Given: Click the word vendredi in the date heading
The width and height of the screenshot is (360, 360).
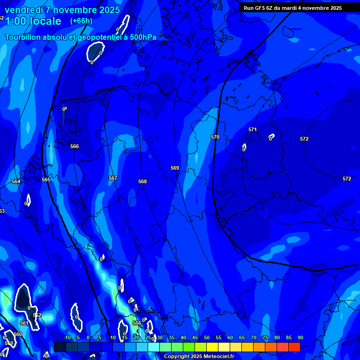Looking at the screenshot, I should coord(24,10).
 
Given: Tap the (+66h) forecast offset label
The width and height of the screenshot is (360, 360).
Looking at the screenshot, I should coord(81,21).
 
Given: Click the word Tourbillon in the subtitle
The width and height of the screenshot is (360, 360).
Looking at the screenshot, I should coord(24,37).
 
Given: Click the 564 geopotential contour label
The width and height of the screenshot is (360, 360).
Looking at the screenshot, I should coord(16,181).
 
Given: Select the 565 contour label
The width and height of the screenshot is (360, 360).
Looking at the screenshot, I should coord(45,180).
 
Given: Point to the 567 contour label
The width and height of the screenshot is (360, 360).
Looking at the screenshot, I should coord(112,178).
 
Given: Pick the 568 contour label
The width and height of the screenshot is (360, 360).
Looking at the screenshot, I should coord(142,181).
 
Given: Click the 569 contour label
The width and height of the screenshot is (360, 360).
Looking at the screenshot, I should coord(175,168).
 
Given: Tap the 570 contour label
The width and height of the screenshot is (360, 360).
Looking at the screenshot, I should coord(215,137).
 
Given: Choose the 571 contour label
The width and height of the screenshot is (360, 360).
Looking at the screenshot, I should coord(253,129).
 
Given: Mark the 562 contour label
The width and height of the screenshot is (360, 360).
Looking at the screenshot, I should coord(37,315).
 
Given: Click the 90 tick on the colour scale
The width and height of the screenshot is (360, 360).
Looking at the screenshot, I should coord(300,337).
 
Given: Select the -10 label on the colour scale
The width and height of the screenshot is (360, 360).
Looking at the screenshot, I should coord(67,337).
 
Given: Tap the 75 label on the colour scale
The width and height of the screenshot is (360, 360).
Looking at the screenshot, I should coord(265,337).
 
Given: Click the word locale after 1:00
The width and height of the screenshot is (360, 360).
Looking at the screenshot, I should coord(44,21).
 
